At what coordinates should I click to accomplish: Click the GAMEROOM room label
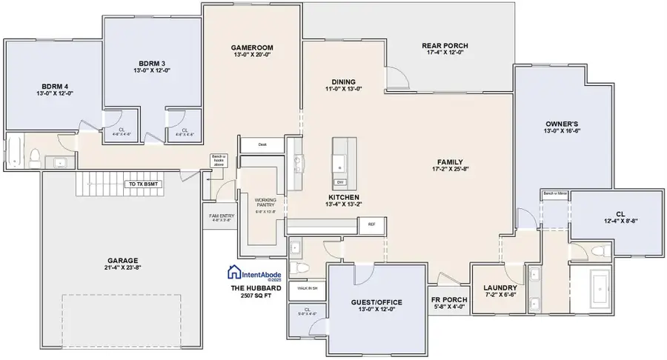pyautogui.click(x=253, y=46)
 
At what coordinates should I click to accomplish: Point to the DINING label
pyautogui.click(x=343, y=82)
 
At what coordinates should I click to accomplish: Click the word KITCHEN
pyautogui.click(x=344, y=197)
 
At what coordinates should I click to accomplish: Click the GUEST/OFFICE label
pyautogui.click(x=376, y=302)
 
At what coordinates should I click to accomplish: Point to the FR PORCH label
pyautogui.click(x=450, y=299)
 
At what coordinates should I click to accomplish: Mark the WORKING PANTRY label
pyautogui.click(x=265, y=203)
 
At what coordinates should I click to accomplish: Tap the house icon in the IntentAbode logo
pyautogui.click(x=236, y=271)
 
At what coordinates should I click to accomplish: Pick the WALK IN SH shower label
pyautogui.click(x=308, y=288)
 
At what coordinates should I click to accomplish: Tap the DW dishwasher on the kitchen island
pyautogui.click(x=339, y=182)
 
